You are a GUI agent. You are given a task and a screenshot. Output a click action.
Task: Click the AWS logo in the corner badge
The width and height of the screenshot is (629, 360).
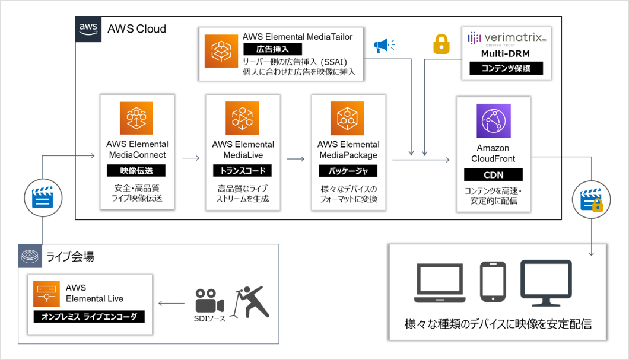(x=88, y=29)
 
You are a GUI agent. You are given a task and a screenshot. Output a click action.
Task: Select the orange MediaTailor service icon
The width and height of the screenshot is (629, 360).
(x=221, y=51)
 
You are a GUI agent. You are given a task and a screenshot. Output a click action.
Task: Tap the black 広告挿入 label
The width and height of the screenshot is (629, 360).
(x=272, y=49)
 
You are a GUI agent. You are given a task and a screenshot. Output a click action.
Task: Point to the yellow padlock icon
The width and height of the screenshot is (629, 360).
(x=441, y=44)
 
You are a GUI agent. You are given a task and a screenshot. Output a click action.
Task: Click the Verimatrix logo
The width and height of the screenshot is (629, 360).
(x=507, y=39)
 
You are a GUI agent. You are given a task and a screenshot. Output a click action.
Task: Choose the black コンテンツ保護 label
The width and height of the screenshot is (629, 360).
(x=506, y=68)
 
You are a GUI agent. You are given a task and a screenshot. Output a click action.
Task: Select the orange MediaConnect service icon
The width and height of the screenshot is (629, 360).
(x=136, y=118)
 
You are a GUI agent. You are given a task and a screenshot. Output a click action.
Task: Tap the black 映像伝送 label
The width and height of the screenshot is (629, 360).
(x=136, y=170)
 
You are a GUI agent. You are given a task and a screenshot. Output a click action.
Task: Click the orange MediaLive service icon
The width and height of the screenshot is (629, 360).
(x=242, y=118)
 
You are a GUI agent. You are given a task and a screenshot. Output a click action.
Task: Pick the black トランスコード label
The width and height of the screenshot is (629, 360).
(x=242, y=170)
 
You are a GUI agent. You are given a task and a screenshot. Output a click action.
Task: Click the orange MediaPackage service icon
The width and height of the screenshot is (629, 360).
(x=347, y=118)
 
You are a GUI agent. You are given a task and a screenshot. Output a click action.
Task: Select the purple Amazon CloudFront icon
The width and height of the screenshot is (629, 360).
(x=494, y=120)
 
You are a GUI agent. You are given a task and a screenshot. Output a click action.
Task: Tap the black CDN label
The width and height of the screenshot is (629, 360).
(x=494, y=175)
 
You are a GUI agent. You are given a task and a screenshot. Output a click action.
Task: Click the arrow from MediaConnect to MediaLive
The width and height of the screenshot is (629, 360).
(x=190, y=158)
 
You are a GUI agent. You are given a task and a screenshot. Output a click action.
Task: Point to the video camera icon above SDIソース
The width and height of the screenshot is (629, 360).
(x=209, y=301)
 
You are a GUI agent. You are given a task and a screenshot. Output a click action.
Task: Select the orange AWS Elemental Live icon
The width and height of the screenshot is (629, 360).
(x=46, y=294)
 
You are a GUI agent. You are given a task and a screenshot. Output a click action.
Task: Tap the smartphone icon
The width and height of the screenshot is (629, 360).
(x=493, y=282)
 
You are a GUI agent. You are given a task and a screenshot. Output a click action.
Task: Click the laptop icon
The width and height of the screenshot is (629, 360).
(x=440, y=283)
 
